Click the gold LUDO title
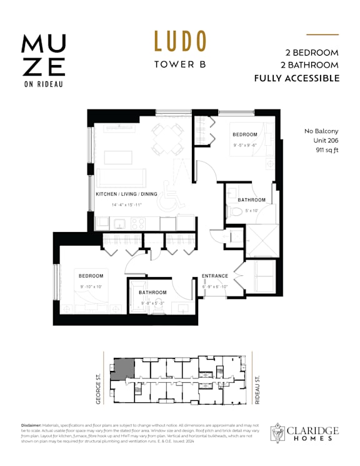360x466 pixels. coord(180,41)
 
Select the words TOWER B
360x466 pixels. coord(180,64)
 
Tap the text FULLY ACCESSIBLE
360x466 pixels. coord(297,78)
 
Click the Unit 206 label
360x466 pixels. coord(325,141)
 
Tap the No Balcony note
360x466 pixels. coord(321,131)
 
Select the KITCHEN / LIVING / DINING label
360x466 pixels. coord(127,195)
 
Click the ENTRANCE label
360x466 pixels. coord(214,276)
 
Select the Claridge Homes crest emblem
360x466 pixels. coord(278,434)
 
